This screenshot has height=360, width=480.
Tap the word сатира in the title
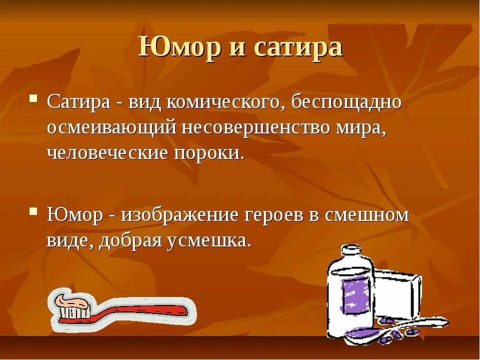(298, 47)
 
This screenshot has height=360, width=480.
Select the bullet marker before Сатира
(34, 98)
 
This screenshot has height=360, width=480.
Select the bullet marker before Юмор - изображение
(34, 211)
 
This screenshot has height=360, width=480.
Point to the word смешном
(367, 215)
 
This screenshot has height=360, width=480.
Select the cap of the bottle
(350, 253)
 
